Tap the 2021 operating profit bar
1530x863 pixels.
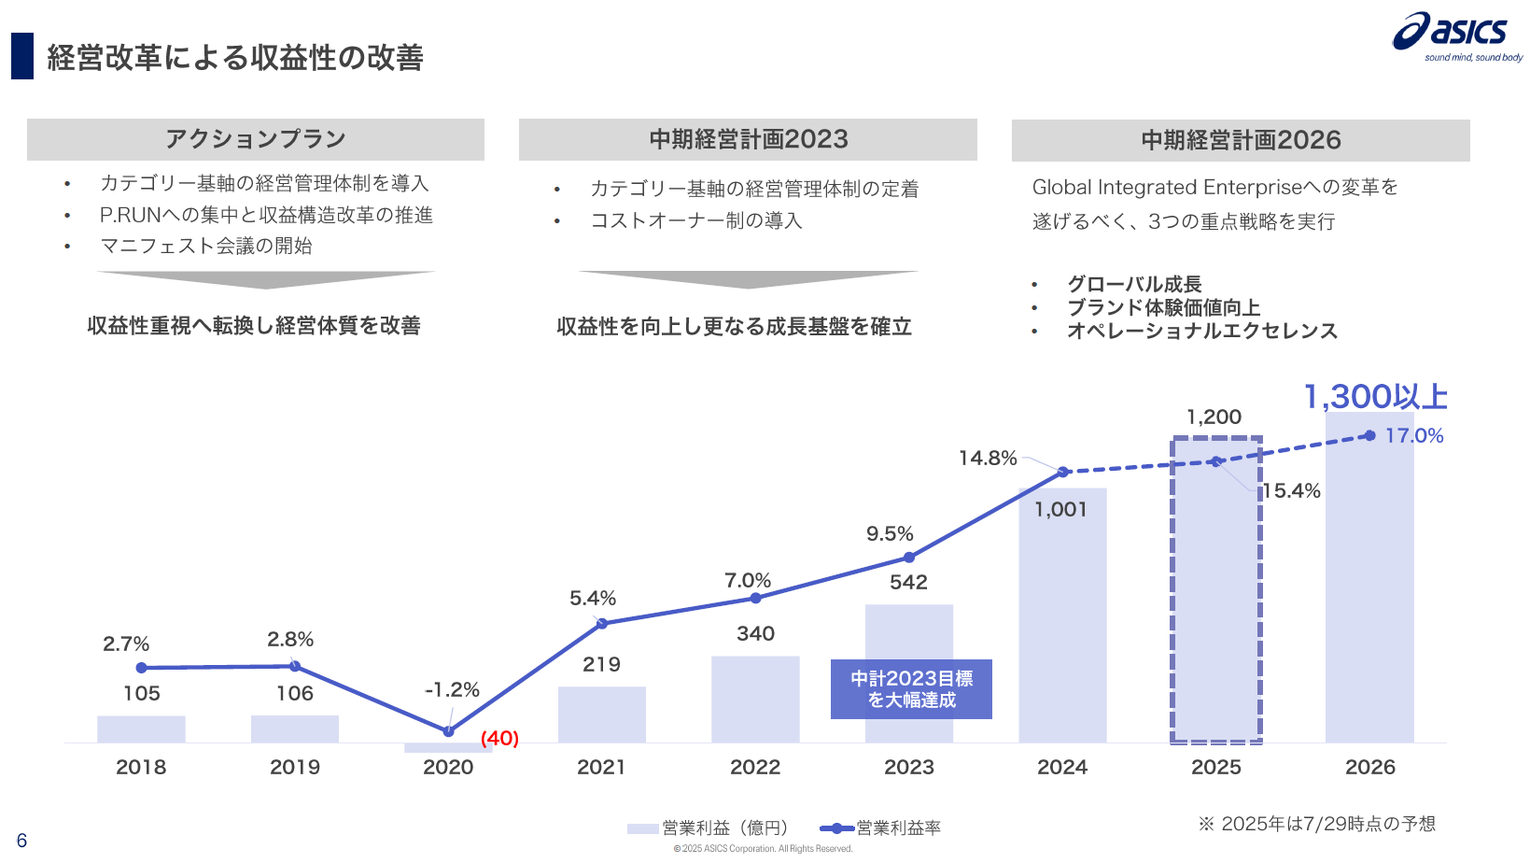click(x=601, y=715)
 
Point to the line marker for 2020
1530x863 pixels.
click(x=448, y=731)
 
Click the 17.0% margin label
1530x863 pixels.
click(x=1413, y=435)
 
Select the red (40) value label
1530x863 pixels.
click(x=499, y=738)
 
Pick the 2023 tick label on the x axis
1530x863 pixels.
click(x=908, y=767)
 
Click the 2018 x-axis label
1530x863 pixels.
click(x=141, y=767)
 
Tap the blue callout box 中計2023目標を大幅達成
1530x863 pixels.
click(x=911, y=689)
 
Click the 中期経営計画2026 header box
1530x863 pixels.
click(x=1241, y=140)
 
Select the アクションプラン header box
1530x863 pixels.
click(x=255, y=139)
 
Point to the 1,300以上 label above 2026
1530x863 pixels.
click(x=1375, y=397)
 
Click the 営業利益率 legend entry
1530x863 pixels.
click(x=882, y=828)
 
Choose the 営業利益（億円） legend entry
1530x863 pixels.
click(x=709, y=828)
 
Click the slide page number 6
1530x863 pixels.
click(x=21, y=841)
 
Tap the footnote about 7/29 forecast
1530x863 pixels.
click(x=1317, y=824)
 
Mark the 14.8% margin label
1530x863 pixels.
click(x=988, y=458)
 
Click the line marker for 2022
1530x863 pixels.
click(x=755, y=598)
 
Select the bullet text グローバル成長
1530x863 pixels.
click(x=1134, y=284)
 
